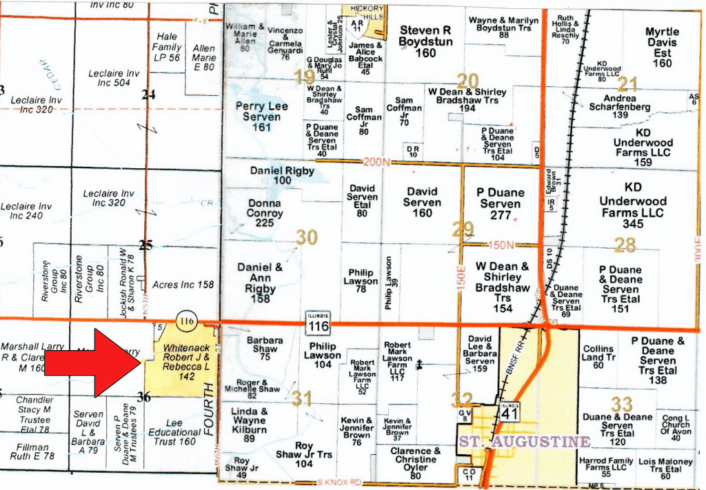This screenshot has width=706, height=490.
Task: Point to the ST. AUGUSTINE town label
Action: point(525,442)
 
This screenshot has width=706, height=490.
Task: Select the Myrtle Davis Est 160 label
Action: point(662,48)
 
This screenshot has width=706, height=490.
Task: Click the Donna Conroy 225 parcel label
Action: point(264,213)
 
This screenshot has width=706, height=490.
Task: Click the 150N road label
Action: point(501,245)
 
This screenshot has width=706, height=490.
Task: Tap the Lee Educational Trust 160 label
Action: point(175,433)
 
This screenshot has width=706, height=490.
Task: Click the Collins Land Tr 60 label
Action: point(598,357)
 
